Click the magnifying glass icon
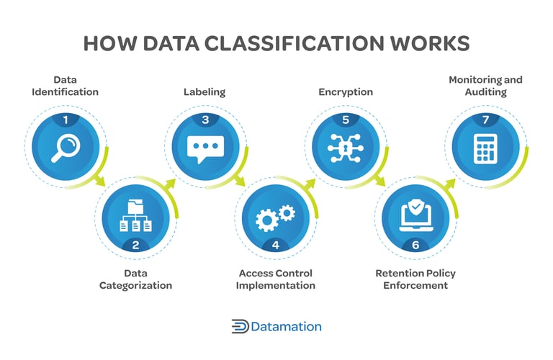[x=66, y=148]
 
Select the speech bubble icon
[x=205, y=148]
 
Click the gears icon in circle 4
[x=276, y=216]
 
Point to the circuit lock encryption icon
[x=344, y=148]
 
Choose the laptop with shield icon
[x=415, y=215]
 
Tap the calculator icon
[x=485, y=148]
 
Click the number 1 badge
[x=66, y=120]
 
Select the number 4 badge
[x=276, y=245]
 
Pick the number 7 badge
[x=485, y=120]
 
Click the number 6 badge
[x=415, y=245]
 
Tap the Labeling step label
[x=205, y=92]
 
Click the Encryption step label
[x=346, y=92]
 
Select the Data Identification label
[x=66, y=86]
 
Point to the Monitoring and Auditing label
[x=485, y=86]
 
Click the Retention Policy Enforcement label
[x=415, y=279]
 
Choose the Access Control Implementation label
[x=276, y=279]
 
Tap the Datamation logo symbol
[x=240, y=326]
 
